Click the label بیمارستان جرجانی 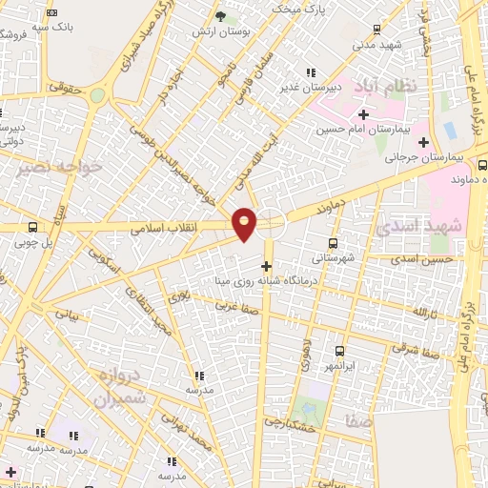(429, 157)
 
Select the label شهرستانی (333, 258)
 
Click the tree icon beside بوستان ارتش (221, 16)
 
